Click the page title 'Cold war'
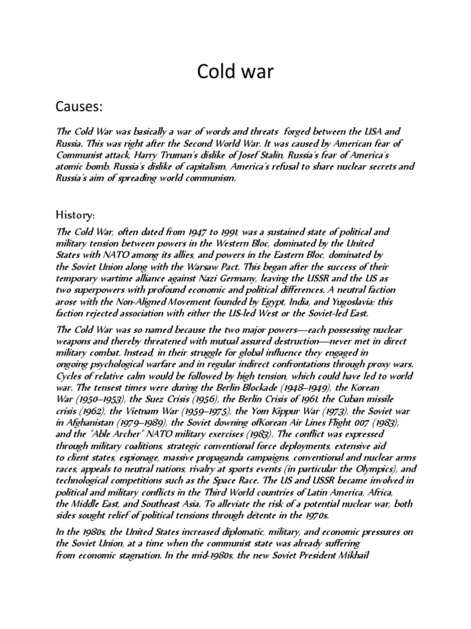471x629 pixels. pos(235,72)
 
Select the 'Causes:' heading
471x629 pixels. pos(79,108)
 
